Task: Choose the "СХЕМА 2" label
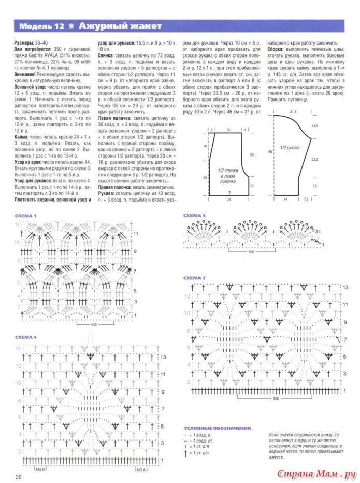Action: pyautogui.click(x=195, y=278)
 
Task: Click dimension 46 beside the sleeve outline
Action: pyautogui.click(x=270, y=151)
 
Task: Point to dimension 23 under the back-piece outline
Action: pyautogui.click(x=228, y=199)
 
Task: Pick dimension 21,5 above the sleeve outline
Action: pyautogui.click(x=292, y=111)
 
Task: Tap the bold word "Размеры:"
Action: pyautogui.click(x=24, y=42)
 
